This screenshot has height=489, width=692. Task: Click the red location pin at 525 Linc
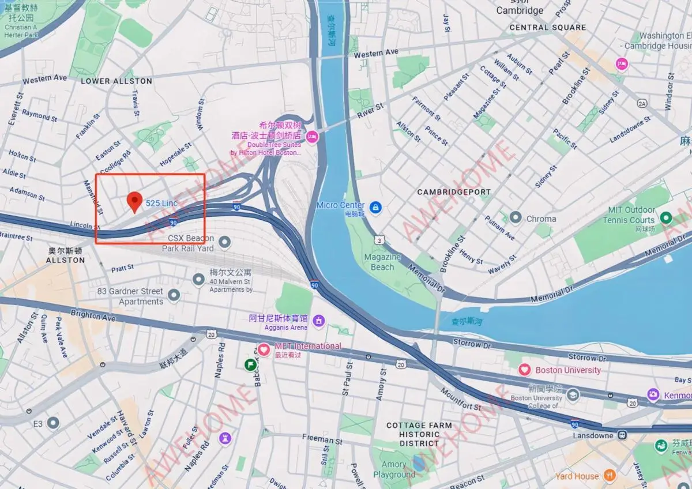(135, 201)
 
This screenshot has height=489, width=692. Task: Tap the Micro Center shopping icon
(375, 206)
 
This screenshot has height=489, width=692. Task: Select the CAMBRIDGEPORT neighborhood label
(454, 192)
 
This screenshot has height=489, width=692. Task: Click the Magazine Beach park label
(382, 262)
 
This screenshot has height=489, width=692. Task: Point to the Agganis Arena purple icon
(318, 320)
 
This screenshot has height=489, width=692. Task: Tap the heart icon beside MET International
(264, 349)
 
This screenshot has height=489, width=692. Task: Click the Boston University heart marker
(524, 370)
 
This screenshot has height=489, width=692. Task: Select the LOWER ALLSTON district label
(116, 81)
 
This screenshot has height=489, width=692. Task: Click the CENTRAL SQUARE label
(547, 27)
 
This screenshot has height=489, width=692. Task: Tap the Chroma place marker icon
(516, 218)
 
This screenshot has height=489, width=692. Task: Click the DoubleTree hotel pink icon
(312, 137)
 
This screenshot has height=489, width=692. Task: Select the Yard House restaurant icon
(610, 476)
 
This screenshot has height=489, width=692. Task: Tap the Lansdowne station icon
(622, 435)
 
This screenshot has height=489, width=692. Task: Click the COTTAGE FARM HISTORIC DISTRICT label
(419, 434)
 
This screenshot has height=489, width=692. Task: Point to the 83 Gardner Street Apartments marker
(174, 296)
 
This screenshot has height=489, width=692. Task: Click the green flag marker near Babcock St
(250, 364)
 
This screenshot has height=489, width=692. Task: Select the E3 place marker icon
(53, 424)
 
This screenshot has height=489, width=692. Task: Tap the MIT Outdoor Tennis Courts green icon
(666, 218)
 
